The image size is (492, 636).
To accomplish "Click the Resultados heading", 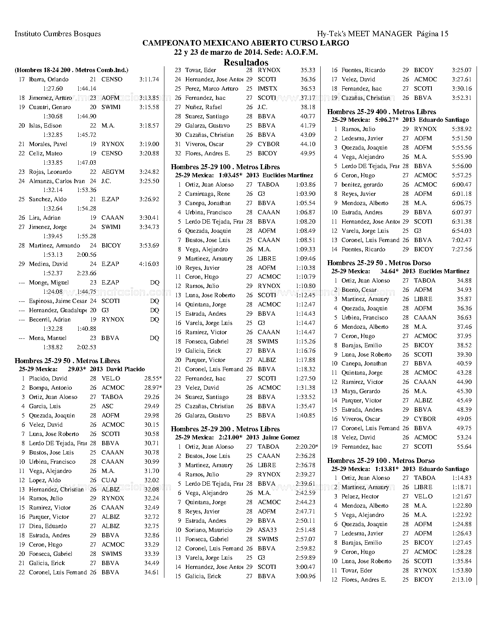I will (x=246, y=62).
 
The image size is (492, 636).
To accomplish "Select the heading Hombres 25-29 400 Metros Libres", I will (x=382, y=112).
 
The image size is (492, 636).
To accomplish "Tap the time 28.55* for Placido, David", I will (x=153, y=379).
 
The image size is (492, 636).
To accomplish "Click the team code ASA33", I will (x=267, y=530).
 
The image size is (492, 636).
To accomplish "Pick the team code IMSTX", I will (x=267, y=89).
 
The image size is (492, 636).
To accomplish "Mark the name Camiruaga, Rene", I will (x=207, y=194).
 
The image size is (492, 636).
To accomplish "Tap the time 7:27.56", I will (x=462, y=249).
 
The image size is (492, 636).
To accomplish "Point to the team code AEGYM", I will (x=111, y=172).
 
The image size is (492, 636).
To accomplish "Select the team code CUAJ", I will (x=109, y=480).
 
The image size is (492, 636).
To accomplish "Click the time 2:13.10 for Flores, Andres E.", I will (x=462, y=580).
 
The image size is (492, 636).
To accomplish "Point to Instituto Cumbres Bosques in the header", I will (x=57, y=34).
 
